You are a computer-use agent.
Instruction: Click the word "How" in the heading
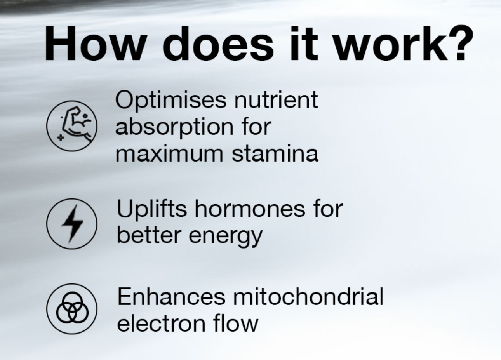(95, 43)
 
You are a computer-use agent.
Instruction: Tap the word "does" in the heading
(218, 43)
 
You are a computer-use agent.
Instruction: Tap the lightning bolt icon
(72, 224)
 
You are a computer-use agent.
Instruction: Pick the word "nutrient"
(276, 100)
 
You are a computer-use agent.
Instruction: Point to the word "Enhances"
(171, 297)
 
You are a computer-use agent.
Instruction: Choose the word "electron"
(161, 323)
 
